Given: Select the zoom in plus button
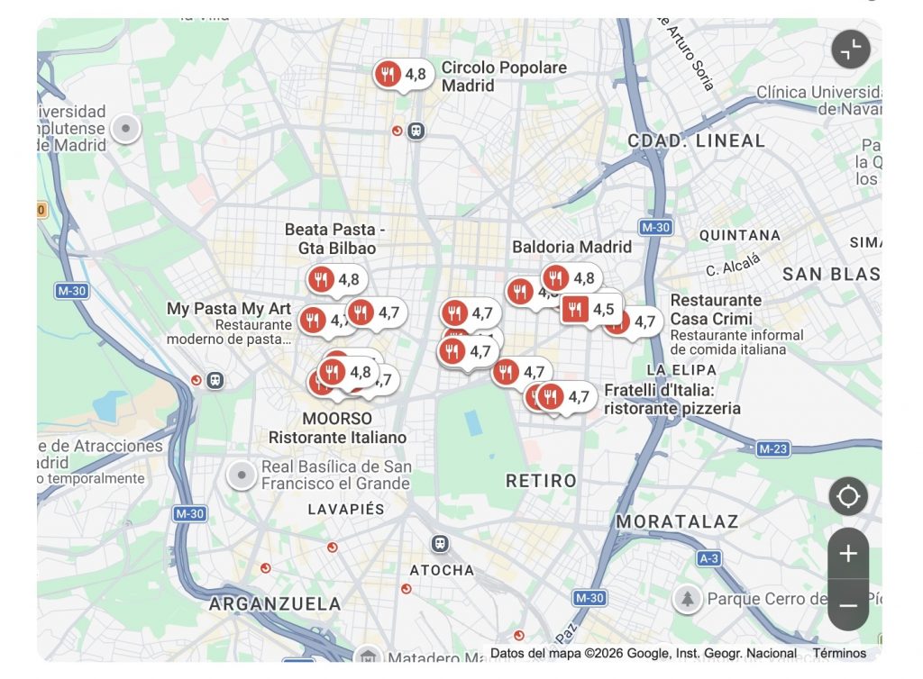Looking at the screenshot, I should click(848, 554).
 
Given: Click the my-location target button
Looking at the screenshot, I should click(848, 496).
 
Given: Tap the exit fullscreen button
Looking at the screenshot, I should click(851, 50).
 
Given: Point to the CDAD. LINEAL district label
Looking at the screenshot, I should click(696, 141).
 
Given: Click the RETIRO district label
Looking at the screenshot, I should click(541, 481).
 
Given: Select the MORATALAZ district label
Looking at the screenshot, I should click(677, 521).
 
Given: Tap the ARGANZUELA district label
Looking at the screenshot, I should click(275, 603).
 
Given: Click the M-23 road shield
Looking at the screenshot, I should click(773, 448).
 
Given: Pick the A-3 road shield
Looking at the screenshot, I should click(709, 558).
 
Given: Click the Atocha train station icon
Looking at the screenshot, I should click(439, 544).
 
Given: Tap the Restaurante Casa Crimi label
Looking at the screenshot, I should click(716, 309).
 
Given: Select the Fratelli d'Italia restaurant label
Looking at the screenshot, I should click(672, 399).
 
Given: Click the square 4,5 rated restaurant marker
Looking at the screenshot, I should click(575, 310).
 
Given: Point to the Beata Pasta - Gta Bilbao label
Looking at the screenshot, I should click(335, 239).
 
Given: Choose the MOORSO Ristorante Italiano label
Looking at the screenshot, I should click(337, 428).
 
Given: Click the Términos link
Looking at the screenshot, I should click(838, 653).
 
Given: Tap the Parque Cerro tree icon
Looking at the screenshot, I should click(687, 598).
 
